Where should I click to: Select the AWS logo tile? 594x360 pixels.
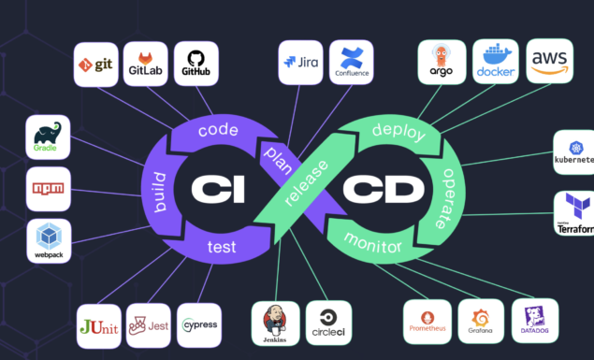coord(549,62)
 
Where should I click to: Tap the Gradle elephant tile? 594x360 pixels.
coord(48,137)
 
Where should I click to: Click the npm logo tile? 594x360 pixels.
coord(48,189)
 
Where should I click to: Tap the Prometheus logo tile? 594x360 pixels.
coord(428,323)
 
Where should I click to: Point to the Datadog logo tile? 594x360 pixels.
coord(535,321)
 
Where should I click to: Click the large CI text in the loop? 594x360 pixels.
coord(218,190)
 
